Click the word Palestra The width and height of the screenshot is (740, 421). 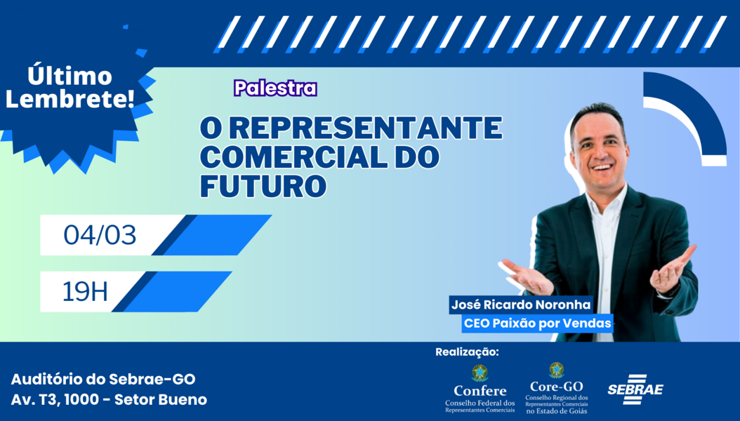[x=275, y=88]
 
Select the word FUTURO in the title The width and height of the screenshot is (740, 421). [x=263, y=186]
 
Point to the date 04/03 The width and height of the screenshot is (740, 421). [x=100, y=235]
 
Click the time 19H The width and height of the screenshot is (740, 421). [x=85, y=291]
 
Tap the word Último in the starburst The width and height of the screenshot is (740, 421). [x=70, y=76]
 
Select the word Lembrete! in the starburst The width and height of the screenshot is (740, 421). [x=70, y=100]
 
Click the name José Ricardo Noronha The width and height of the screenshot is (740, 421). [x=521, y=305]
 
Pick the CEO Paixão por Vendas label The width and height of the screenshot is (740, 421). [x=538, y=323]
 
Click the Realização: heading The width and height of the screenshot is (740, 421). [x=467, y=352]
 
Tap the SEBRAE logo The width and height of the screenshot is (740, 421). [x=635, y=389]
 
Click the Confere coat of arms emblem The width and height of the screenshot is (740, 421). [x=480, y=373]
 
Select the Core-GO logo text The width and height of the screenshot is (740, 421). [x=557, y=387]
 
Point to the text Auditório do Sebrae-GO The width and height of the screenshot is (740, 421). [x=103, y=379]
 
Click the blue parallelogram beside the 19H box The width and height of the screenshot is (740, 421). [x=172, y=291]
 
